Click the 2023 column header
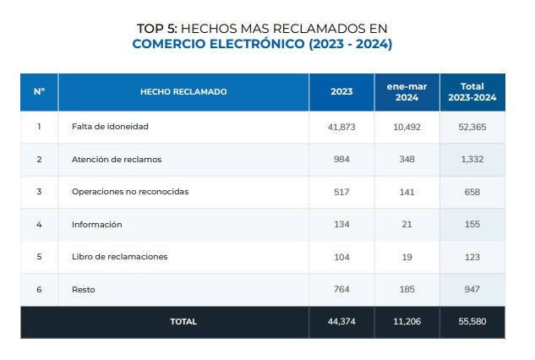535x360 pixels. tap(341, 91)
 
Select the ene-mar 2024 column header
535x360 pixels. tap(407, 91)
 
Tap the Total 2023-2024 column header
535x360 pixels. tap(472, 91)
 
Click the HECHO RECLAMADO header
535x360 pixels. tap(183, 91)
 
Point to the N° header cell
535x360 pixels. tap(39, 91)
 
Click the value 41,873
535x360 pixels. tap(341, 127)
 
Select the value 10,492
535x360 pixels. tap(407, 127)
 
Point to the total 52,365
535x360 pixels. tap(472, 127)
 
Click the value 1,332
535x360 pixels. tap(472, 159)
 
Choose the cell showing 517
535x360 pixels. tap(341, 192)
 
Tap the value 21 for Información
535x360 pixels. tap(407, 224)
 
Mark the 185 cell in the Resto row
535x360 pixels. tap(407, 290)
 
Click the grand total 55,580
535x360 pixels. tap(472, 322)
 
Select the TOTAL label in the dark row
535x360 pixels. tap(183, 322)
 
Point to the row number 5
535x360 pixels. tap(39, 257)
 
